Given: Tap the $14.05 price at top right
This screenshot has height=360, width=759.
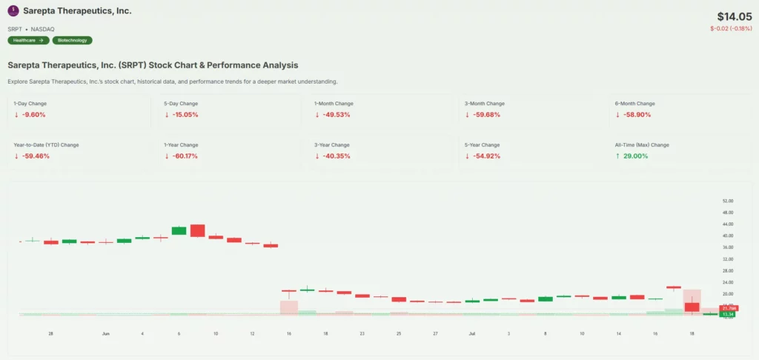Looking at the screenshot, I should click(734, 16).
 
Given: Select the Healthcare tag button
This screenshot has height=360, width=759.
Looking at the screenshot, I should click(28, 40).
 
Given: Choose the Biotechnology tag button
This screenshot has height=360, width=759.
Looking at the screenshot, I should click(72, 40).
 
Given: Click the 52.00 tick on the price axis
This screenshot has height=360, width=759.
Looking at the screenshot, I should click(727, 201).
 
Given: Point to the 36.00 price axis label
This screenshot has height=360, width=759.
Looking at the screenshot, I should click(727, 247).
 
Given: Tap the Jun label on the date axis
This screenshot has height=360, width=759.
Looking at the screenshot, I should click(105, 334).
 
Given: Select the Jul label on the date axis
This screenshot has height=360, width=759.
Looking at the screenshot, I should click(471, 334).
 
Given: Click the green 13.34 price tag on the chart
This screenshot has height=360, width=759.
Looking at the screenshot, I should click(729, 314).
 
